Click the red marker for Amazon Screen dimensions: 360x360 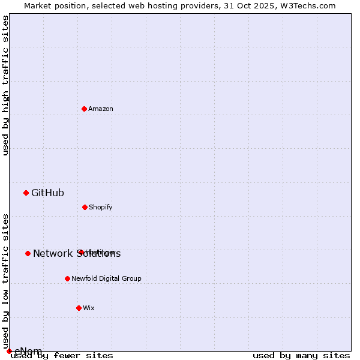point(85,109)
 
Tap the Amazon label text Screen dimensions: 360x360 point(101,109)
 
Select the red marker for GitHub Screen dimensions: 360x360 point(26,193)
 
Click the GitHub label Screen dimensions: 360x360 point(47,193)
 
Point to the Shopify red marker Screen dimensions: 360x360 point(85,207)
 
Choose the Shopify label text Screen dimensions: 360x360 point(101,207)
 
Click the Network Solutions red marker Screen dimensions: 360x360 point(28,253)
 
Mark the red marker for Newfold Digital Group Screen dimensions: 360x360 point(67,278)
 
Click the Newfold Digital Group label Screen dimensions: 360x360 point(106,278)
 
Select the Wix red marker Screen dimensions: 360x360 point(79,308)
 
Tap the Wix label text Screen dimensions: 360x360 point(89,308)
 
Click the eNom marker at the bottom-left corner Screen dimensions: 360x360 point(9,351)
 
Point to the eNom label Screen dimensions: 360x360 point(28,351)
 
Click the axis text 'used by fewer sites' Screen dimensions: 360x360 point(62,355)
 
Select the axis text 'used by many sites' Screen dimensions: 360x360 point(301,355)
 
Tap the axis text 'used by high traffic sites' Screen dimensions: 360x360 point(6,85)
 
